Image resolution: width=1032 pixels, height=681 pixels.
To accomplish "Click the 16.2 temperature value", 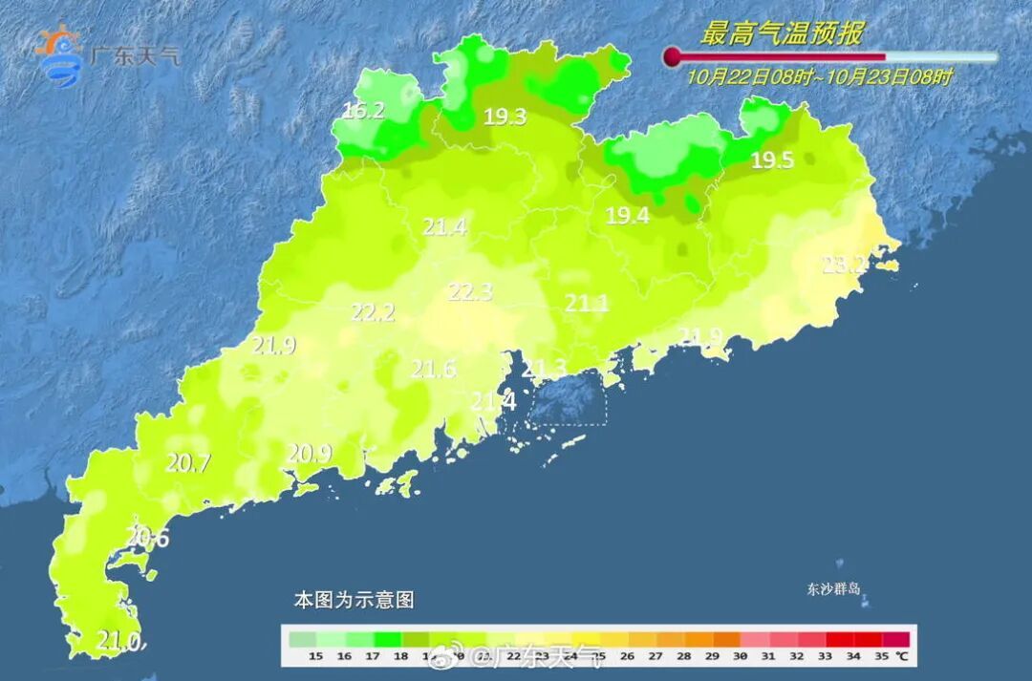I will [363, 111].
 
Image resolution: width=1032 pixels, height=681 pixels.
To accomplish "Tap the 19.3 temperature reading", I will [505, 117].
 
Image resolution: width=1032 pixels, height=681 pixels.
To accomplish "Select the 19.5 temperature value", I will [771, 160].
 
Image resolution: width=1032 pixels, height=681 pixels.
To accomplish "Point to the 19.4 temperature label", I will [628, 216].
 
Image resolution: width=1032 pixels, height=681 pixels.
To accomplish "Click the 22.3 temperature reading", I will [470, 292].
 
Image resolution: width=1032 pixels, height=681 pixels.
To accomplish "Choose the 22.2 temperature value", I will [373, 312].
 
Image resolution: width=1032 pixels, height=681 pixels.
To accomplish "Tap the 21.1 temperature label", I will [587, 304].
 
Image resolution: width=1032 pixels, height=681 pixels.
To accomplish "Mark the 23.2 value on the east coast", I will [845, 266].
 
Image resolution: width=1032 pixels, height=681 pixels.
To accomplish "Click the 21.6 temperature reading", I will [433, 369].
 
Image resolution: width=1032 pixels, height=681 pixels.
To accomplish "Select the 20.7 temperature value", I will [188, 464].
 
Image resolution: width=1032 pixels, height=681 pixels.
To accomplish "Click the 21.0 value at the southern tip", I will [119, 640].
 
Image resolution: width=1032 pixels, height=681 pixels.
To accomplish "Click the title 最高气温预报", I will [781, 34].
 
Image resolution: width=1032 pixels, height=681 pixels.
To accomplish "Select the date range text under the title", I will [819, 77].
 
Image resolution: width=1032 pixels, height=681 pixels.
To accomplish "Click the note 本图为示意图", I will [354, 601].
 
